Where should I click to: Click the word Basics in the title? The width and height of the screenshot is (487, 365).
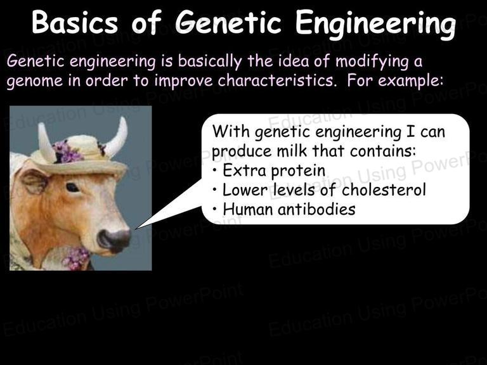pos(75,22)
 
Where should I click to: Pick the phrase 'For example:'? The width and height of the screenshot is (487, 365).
pos(395,80)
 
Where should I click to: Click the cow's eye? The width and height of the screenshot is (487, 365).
pos(72,188)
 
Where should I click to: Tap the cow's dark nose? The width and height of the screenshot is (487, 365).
pos(114,240)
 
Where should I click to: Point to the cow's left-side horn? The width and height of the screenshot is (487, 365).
pos(46,142)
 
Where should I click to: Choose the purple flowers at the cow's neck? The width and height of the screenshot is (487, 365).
pos(75,259)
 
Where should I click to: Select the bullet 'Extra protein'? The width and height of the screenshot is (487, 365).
pos(269,170)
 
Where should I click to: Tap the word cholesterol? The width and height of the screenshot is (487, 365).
pos(384,189)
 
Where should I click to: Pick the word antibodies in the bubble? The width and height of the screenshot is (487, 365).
pos(316,209)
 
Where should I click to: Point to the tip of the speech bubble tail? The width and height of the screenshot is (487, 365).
pos(136,229)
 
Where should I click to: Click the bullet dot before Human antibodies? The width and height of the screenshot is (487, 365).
pos(215,209)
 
